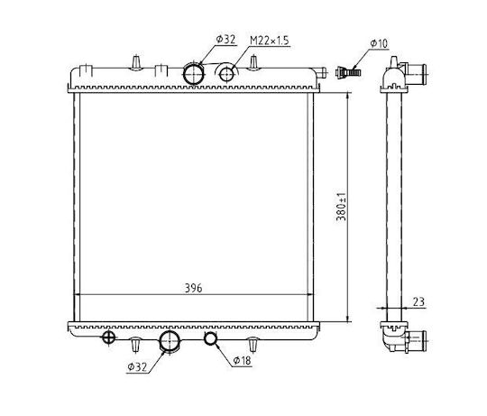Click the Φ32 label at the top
point(226,40)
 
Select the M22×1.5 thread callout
point(270,41)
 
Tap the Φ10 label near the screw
point(379,43)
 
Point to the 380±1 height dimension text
point(341,207)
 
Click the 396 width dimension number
point(194,288)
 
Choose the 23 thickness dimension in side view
point(418,301)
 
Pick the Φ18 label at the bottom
point(243,360)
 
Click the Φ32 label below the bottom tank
point(137,367)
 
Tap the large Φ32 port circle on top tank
point(194,74)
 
